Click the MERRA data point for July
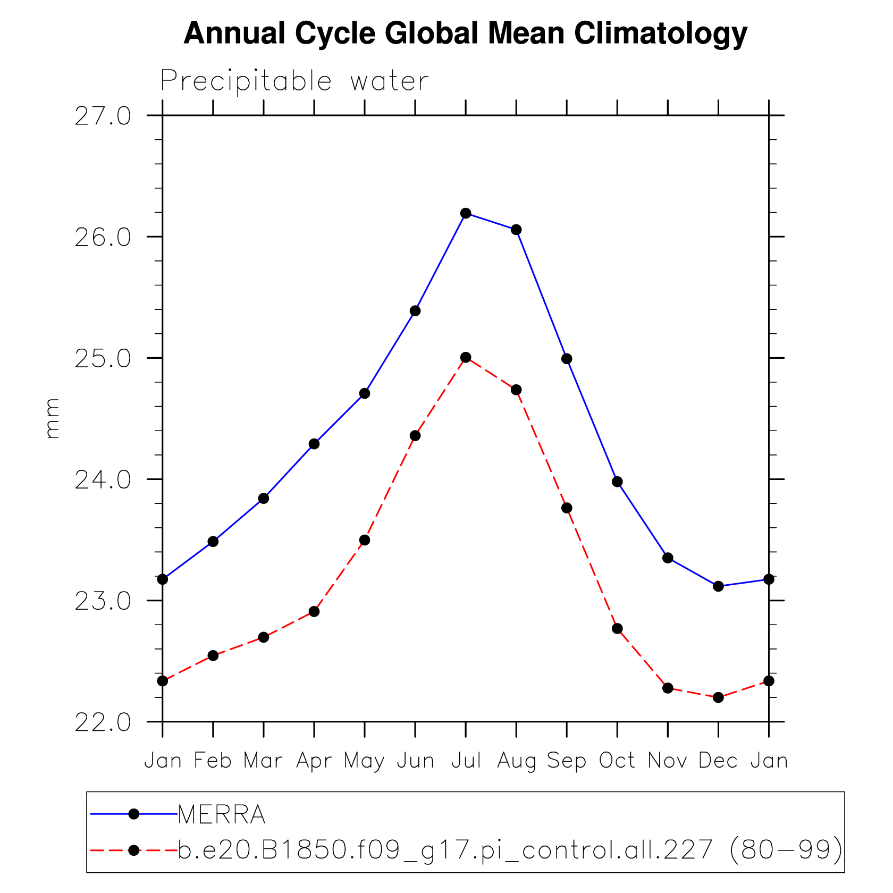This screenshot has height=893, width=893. click(466, 213)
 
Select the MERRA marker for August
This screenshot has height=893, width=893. click(516, 230)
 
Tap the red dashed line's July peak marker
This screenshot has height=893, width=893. click(466, 357)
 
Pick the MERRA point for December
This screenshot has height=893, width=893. click(718, 586)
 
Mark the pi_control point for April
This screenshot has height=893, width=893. click(314, 611)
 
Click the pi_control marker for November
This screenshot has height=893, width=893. click(668, 688)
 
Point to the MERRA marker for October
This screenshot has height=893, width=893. click(617, 482)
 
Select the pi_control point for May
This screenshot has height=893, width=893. click(365, 540)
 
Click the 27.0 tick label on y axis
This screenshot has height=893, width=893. click(103, 116)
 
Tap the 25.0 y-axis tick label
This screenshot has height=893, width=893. click(103, 359)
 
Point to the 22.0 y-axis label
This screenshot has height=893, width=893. click(103, 722)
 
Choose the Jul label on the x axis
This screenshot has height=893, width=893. click(466, 761)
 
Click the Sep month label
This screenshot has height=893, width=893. click(567, 761)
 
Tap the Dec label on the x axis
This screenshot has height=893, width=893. click(718, 761)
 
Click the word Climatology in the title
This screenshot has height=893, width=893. click(661, 33)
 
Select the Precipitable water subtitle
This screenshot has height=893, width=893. click(294, 81)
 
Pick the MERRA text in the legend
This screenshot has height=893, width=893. click(222, 814)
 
